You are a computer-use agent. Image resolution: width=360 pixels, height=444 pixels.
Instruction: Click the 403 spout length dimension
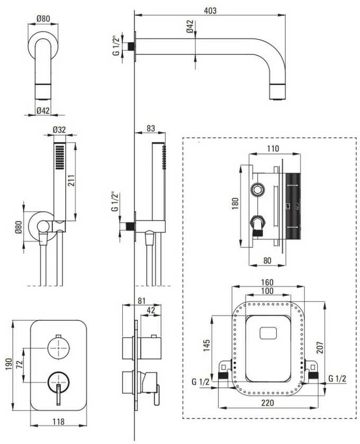pyautogui.click(x=210, y=11)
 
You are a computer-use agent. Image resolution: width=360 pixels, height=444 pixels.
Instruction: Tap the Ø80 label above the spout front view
pyautogui.click(x=43, y=18)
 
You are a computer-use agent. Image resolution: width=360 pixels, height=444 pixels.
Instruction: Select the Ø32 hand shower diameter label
pyautogui.click(x=60, y=129)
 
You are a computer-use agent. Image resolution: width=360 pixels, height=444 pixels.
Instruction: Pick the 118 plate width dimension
pyautogui.click(x=58, y=422)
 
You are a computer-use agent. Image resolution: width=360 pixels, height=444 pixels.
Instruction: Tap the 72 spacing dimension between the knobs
pyautogui.click(x=19, y=364)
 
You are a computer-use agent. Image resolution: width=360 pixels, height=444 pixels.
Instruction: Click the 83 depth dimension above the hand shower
pyautogui.click(x=151, y=128)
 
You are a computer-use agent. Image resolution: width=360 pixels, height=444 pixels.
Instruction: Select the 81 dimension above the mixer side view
pyautogui.click(x=141, y=301)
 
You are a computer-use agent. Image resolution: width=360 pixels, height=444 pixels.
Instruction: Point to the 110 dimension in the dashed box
pyautogui.click(x=273, y=149)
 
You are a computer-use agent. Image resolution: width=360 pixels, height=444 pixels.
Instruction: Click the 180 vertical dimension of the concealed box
pyautogui.click(x=235, y=203)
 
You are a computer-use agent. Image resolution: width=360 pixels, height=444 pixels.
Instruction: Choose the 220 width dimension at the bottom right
pyautogui.click(x=267, y=403)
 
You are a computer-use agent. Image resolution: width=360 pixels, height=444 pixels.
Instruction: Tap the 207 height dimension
pyautogui.click(x=320, y=347)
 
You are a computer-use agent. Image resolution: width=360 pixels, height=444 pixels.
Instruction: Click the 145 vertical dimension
pyautogui.click(x=206, y=345)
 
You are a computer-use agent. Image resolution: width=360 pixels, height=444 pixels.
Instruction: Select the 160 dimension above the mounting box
pyautogui.click(x=267, y=282)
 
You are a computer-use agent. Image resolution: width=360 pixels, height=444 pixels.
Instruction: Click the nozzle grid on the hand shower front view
pyautogui.click(x=60, y=157)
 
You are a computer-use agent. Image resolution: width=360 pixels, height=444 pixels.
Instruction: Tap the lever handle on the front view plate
pyautogui.click(x=58, y=395)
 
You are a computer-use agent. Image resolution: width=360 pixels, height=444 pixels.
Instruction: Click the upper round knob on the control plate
pyautogui.click(x=58, y=347)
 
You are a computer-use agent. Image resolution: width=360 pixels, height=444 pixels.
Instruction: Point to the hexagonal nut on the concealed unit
pyautogui.click(x=258, y=189)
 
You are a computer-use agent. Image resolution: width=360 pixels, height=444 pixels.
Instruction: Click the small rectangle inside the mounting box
pyautogui.click(x=268, y=333)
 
